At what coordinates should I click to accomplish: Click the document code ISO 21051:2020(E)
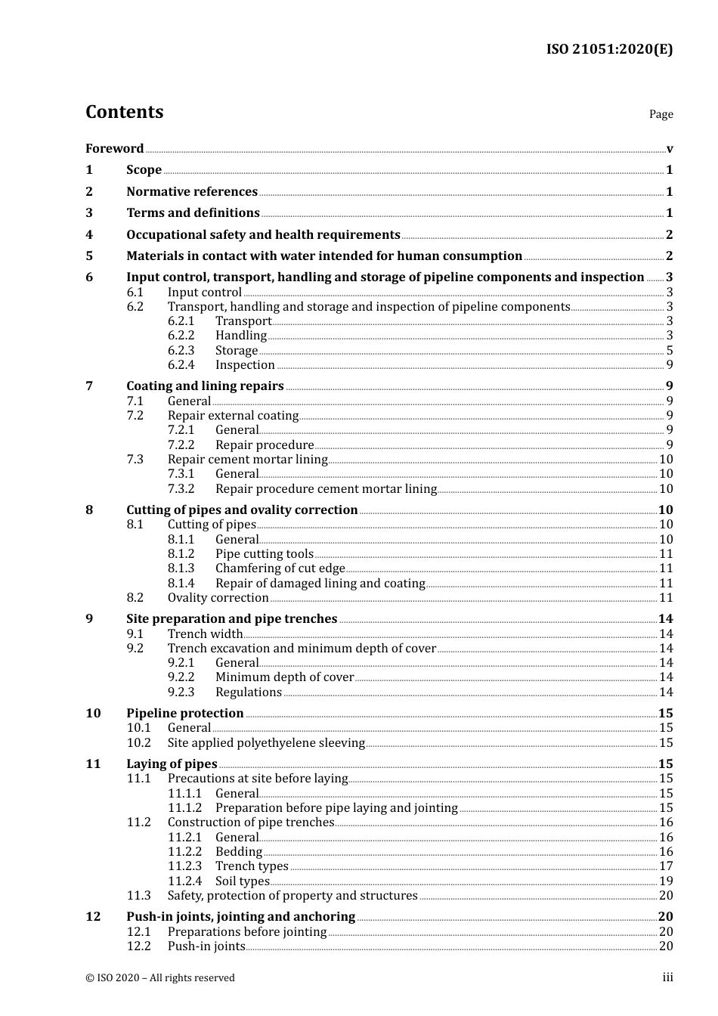click(x=609, y=50)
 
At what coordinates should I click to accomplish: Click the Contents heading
click(x=124, y=112)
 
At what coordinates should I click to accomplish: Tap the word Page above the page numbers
click(x=661, y=114)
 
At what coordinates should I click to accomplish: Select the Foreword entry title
click(x=114, y=148)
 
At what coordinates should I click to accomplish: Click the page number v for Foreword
click(x=670, y=149)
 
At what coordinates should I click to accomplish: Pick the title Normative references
click(x=192, y=191)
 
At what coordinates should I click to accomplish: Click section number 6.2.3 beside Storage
click(x=181, y=350)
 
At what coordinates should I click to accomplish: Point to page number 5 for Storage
click(x=670, y=350)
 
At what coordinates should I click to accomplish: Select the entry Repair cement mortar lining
click(x=247, y=459)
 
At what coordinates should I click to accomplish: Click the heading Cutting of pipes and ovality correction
click(x=242, y=510)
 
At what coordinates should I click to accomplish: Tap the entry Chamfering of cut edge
click(x=280, y=568)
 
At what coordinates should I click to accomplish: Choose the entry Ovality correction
click(x=218, y=597)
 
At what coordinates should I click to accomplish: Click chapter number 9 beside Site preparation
click(x=89, y=618)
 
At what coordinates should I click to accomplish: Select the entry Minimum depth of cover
click(x=284, y=677)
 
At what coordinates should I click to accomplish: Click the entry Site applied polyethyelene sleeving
click(x=266, y=742)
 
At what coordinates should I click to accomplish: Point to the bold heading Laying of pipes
click(x=172, y=764)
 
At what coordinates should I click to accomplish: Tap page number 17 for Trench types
click(x=666, y=866)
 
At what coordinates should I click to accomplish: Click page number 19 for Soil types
click(x=666, y=881)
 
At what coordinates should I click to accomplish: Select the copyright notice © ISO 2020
click(x=160, y=977)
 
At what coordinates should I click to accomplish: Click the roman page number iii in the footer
click(x=667, y=977)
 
